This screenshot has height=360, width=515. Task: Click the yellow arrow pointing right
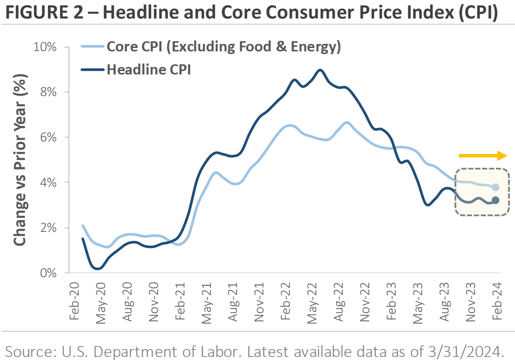click(x=483, y=155)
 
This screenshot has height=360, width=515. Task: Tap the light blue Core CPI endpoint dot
click(x=495, y=187)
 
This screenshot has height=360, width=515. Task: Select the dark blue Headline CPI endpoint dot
click(x=495, y=200)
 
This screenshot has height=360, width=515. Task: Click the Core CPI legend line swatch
click(x=93, y=47)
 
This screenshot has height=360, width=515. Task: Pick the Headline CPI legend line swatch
click(x=93, y=70)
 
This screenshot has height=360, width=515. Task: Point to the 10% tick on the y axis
click(x=45, y=47)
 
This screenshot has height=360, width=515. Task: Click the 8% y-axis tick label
click(x=48, y=92)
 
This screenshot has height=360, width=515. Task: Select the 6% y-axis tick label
click(x=48, y=137)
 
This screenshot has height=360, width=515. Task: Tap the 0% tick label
click(x=48, y=273)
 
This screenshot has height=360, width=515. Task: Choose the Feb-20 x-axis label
click(x=74, y=301)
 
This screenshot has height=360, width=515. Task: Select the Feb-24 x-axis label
click(x=497, y=301)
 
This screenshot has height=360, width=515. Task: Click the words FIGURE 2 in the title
click(x=44, y=12)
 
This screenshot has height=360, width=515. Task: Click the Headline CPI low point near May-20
click(x=98, y=268)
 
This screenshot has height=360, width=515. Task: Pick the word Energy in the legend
click(x=313, y=47)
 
